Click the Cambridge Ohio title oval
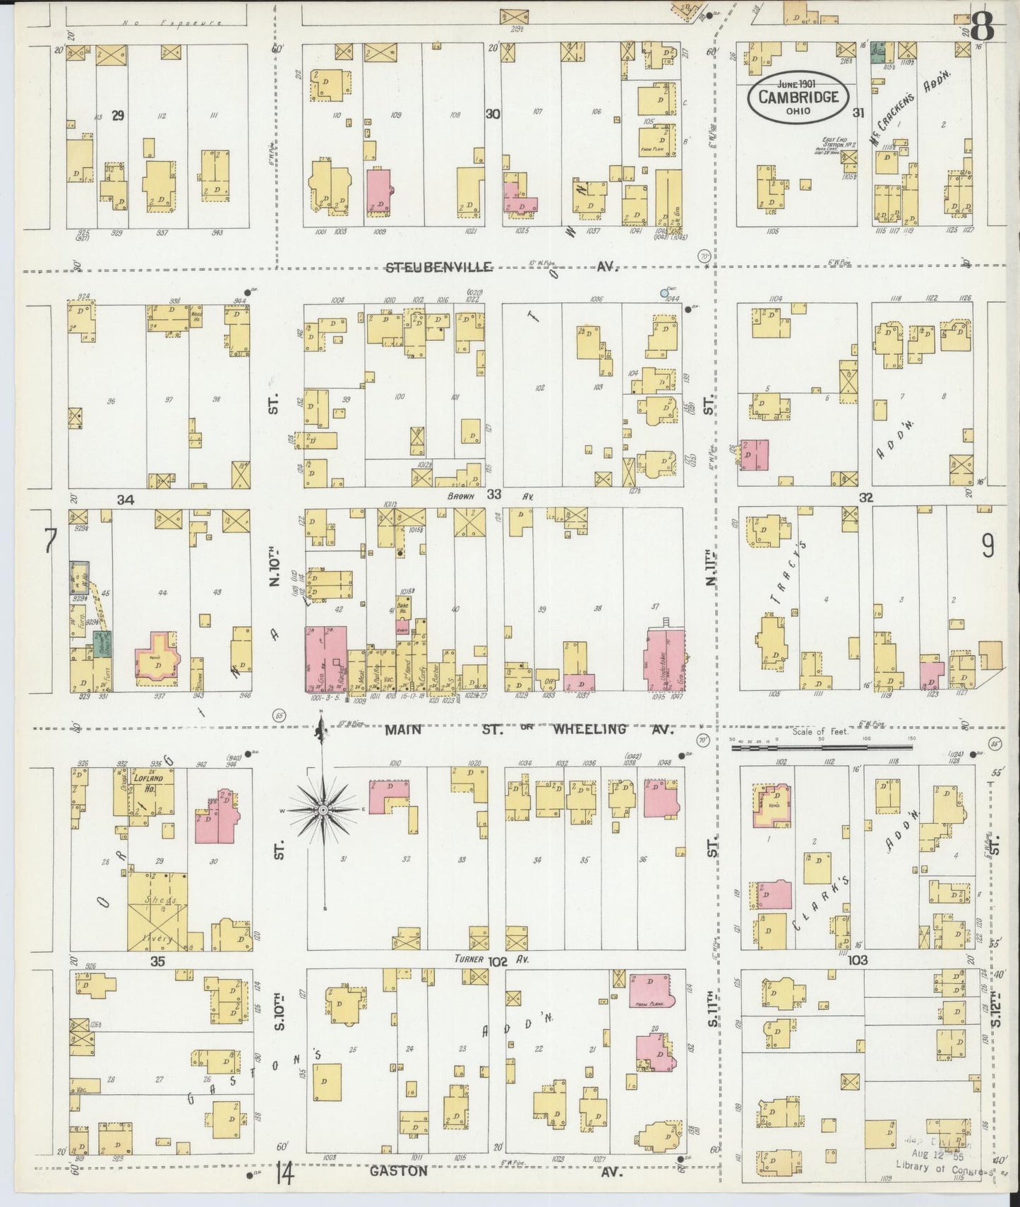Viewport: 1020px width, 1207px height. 798,97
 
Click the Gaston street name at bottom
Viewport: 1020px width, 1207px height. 399,1170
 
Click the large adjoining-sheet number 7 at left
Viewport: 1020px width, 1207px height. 49,543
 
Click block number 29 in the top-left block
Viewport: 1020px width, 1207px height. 118,116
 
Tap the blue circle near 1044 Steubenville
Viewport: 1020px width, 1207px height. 664,292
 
